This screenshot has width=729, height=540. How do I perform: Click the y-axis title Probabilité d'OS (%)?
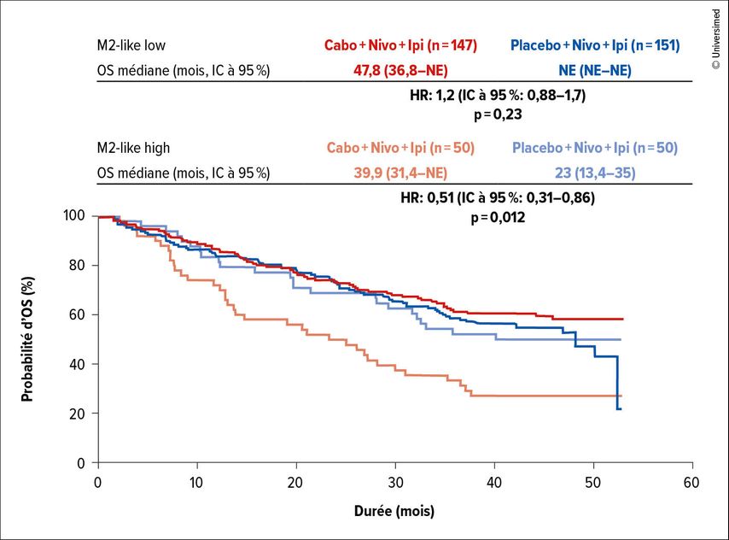(27, 338)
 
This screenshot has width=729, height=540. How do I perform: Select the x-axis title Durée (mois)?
(395, 512)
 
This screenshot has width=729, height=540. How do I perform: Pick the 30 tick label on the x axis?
(395, 483)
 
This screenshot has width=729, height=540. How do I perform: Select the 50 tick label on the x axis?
(593, 483)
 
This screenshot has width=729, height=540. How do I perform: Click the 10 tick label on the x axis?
(197, 483)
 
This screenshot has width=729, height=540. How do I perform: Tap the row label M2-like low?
(131, 45)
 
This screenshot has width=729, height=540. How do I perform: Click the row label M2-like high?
(132, 148)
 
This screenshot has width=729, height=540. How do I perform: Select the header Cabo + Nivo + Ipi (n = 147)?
(399, 45)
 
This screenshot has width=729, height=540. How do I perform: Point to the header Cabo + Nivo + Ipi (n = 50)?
(399, 148)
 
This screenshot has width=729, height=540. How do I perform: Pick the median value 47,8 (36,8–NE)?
(399, 70)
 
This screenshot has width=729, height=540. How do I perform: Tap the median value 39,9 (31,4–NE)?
(399, 173)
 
